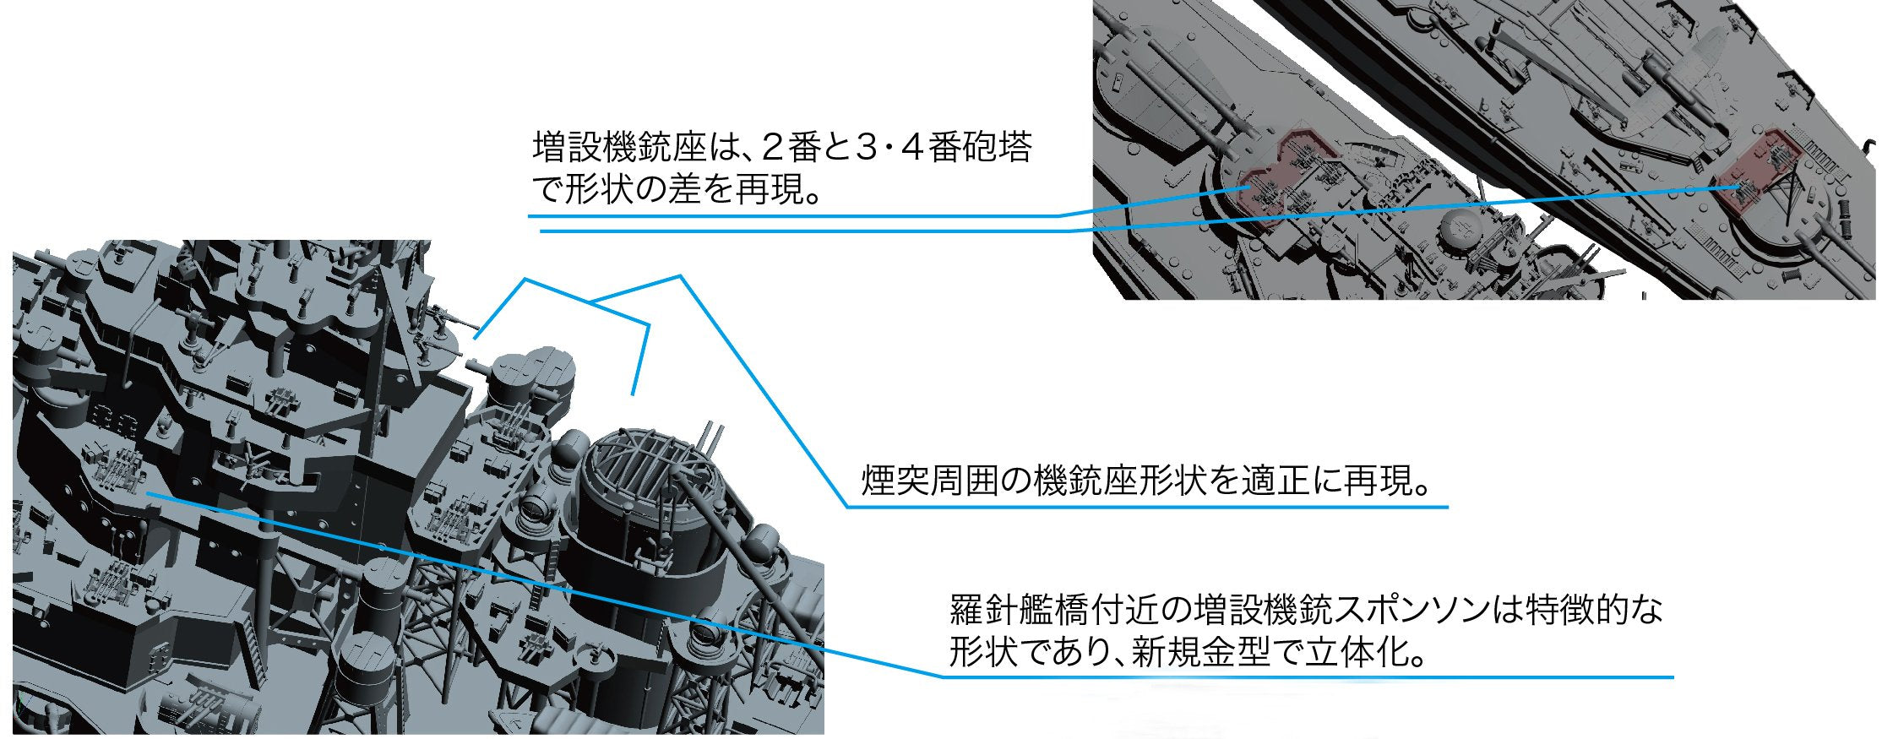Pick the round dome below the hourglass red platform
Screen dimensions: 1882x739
1462,225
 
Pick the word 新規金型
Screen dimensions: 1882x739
1200,653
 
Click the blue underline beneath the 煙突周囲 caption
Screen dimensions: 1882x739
1147,507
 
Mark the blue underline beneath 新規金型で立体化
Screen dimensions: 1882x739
1308,677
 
